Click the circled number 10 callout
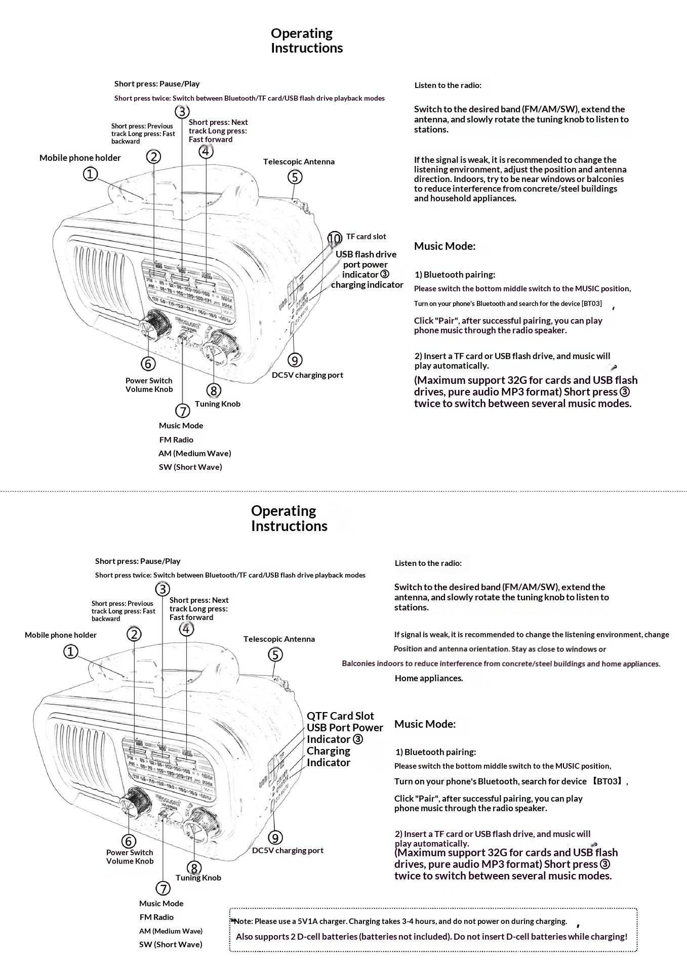335,238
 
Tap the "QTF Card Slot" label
340,716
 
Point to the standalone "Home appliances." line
429,678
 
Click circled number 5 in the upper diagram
295,178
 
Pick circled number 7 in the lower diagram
163,888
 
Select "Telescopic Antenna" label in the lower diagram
279,639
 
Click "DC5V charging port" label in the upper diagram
307,375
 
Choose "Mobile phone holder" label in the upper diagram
80,158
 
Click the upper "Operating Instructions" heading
306,40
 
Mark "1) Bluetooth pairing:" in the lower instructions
435,752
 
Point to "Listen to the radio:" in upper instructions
448,85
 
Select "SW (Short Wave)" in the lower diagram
171,944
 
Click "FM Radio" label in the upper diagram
176,439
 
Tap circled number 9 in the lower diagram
275,837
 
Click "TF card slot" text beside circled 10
366,236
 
